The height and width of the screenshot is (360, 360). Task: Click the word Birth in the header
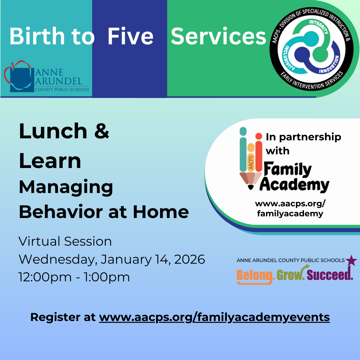[37, 36]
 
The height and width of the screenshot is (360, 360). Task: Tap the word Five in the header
[130, 36]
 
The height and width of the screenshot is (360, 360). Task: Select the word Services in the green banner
[218, 36]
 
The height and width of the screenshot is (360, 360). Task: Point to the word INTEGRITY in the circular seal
[319, 26]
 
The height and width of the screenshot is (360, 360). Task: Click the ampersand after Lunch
[101, 131]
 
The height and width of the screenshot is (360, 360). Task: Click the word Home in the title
[161, 212]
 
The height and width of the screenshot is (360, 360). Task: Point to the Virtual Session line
[65, 241]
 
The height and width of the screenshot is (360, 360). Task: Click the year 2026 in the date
[189, 259]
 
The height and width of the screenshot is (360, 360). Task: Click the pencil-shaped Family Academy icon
[251, 158]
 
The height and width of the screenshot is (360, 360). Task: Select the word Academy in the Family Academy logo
[295, 185]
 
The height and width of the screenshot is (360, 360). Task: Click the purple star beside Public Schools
[351, 261]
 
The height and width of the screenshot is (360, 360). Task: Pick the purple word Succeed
[330, 275]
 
